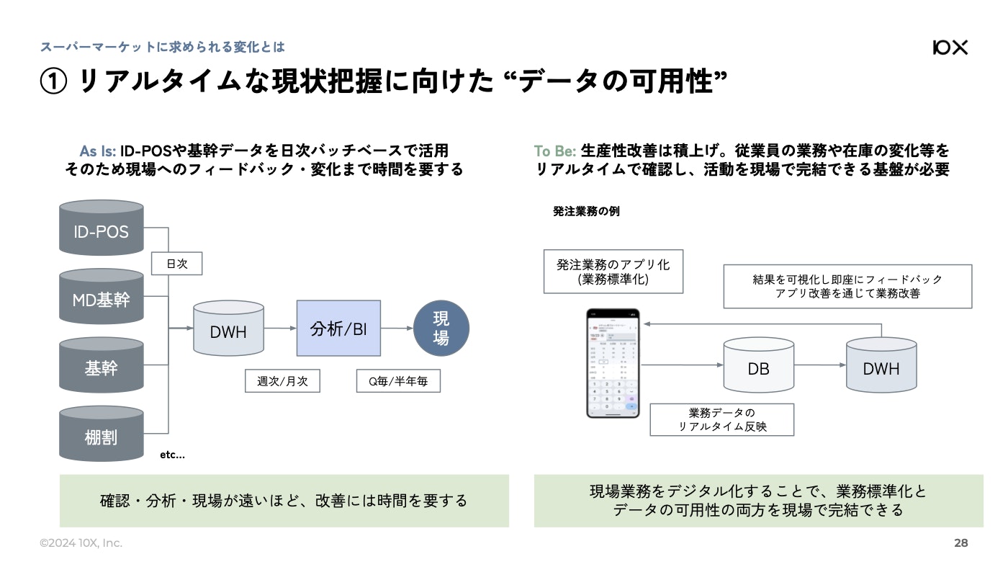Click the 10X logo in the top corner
950,48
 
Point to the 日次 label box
176,264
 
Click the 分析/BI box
338,329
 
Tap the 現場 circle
441,329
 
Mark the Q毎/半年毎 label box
398,381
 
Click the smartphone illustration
613,364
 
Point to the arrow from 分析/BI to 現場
397,329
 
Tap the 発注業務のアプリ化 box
613,272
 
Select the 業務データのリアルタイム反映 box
721,419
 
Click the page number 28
960,543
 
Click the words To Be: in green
554,151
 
